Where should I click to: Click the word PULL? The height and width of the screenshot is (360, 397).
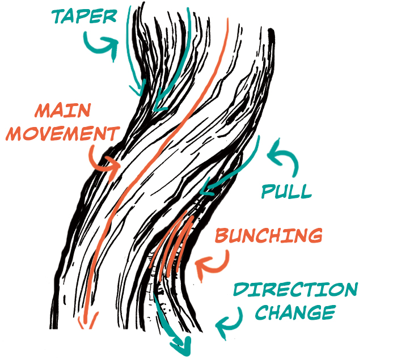(x=286, y=191)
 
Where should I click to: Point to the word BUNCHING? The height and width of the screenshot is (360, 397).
(x=269, y=235)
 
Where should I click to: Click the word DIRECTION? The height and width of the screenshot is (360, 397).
(x=295, y=290)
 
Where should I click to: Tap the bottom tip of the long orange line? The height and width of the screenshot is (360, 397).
(x=86, y=325)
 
